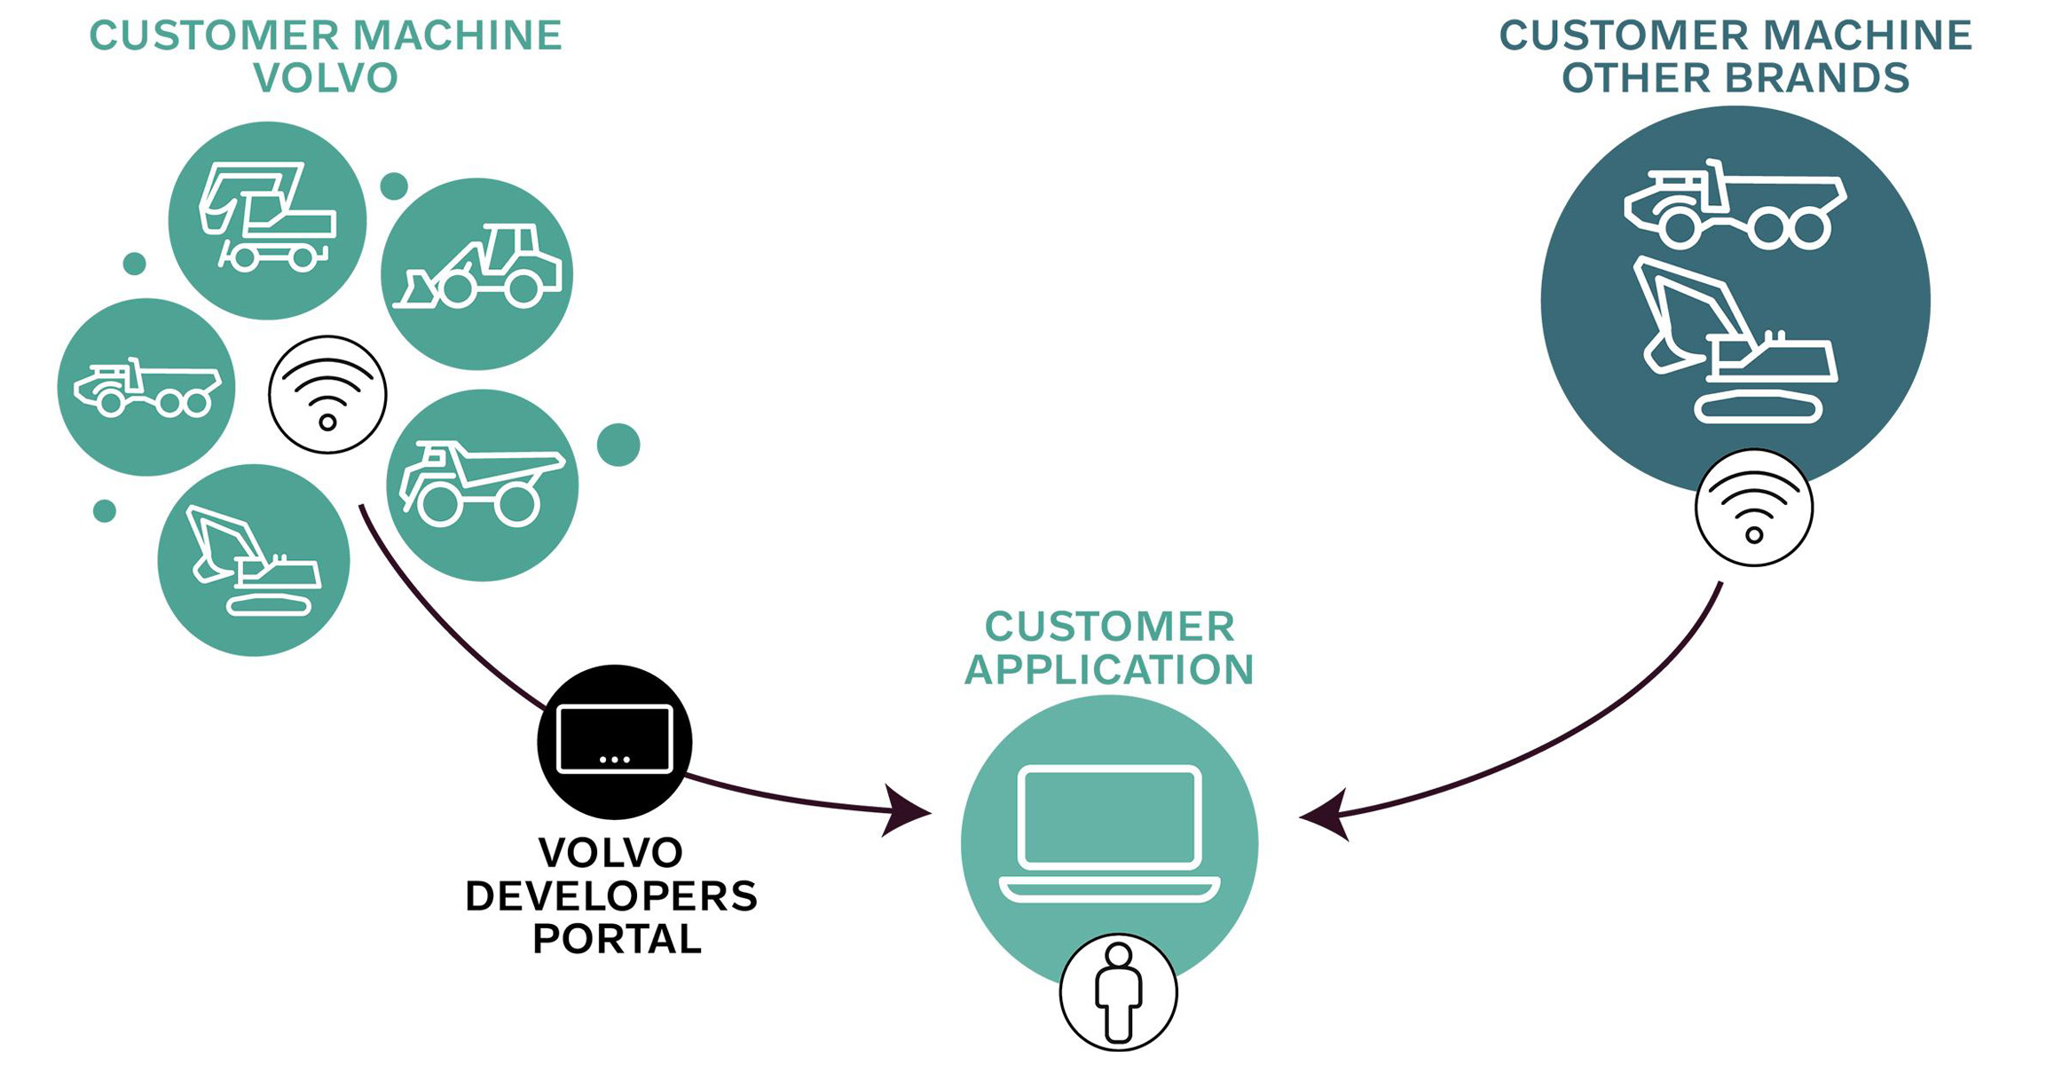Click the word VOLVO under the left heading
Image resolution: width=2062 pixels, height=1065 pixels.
point(326,78)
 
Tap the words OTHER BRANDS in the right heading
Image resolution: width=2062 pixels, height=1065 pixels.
point(1735,78)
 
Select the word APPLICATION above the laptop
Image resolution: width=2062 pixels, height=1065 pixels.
point(1109,670)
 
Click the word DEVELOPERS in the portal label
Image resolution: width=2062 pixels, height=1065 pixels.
point(611,896)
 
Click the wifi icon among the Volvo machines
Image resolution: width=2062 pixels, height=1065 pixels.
point(327,395)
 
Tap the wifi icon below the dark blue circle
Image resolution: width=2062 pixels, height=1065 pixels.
point(1753,508)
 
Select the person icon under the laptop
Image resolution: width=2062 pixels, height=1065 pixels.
point(1118,992)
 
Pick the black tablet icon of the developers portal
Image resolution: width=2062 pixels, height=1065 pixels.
point(614,741)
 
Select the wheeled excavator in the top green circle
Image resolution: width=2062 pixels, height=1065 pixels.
point(266,218)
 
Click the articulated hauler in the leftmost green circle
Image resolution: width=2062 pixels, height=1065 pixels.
point(146,388)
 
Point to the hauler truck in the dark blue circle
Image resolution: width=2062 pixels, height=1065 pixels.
point(1735,206)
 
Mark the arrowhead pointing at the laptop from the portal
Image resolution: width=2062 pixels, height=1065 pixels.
point(905,810)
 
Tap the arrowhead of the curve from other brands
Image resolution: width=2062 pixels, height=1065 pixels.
point(1325,815)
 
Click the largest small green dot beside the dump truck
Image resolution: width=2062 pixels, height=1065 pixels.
point(618,445)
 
